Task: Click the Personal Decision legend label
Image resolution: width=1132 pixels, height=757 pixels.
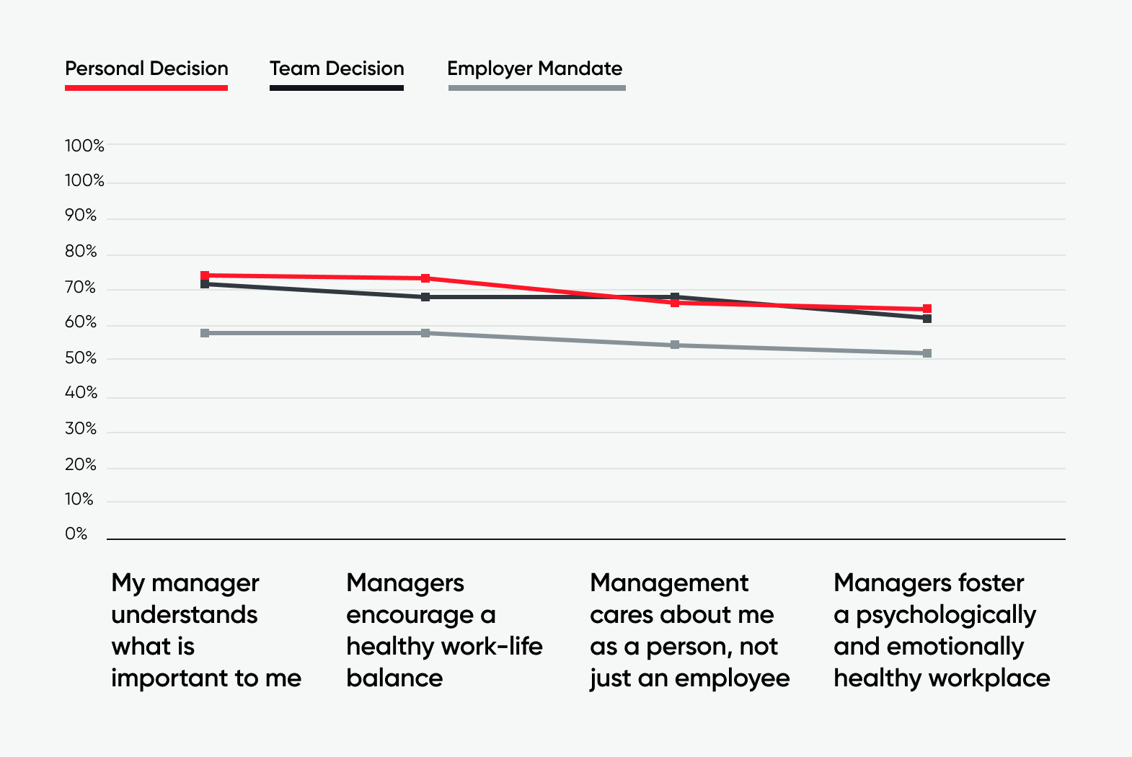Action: click(x=146, y=68)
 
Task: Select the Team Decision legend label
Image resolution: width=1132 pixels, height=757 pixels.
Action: click(x=337, y=68)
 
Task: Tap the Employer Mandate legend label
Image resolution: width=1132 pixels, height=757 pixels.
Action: click(x=534, y=68)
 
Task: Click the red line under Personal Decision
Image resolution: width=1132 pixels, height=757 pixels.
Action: click(x=146, y=88)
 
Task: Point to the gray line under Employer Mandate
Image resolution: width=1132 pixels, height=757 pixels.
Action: click(x=536, y=88)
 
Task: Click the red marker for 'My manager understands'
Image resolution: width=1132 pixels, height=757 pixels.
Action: click(x=205, y=275)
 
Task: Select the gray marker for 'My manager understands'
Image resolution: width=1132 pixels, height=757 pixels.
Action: click(x=205, y=333)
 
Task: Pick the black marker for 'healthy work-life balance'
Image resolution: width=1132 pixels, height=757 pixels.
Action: click(x=425, y=297)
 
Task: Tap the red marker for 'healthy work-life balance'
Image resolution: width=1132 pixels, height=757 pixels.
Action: click(x=425, y=278)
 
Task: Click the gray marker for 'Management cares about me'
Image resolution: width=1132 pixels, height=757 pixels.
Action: click(x=675, y=345)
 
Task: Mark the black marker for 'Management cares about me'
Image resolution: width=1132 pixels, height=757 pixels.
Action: click(x=675, y=297)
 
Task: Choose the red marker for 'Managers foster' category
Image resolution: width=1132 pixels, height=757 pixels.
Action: click(x=927, y=309)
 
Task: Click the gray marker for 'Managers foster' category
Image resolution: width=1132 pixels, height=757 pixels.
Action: click(x=927, y=353)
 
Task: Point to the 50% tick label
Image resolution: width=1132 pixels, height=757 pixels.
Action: click(x=81, y=358)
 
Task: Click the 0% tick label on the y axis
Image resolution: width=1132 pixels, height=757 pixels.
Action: click(x=76, y=534)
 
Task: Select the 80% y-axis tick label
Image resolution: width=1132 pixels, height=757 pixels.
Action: click(x=81, y=252)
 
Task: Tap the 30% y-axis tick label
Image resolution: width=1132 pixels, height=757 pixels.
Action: click(x=81, y=429)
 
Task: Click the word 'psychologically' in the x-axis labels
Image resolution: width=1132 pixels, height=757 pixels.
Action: click(x=945, y=615)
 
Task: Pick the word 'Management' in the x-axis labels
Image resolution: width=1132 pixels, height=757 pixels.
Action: click(x=669, y=583)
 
